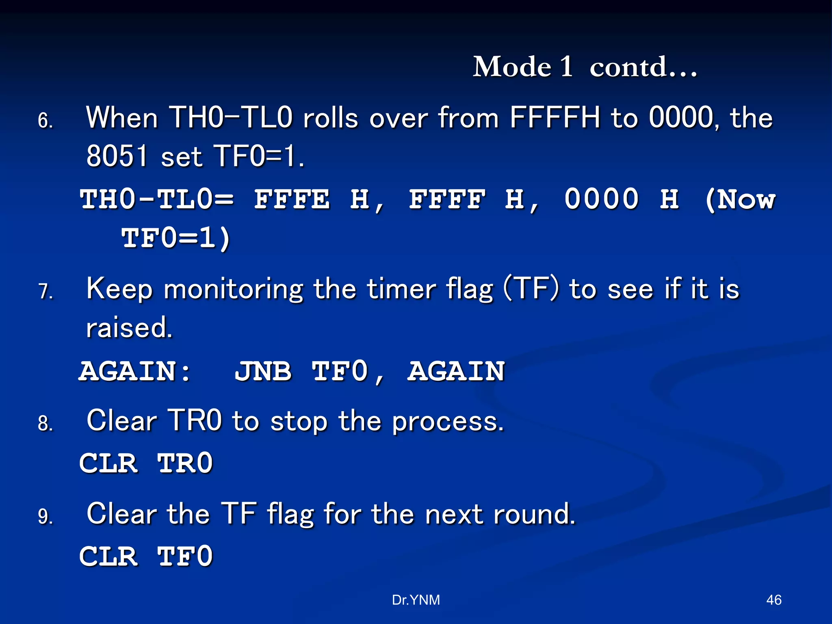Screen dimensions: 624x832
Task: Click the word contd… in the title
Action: point(643,67)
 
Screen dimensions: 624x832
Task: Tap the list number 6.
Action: point(45,121)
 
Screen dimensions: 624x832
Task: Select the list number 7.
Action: point(45,291)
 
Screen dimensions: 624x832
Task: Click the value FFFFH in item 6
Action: point(555,118)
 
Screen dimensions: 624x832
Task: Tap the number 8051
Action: point(117,156)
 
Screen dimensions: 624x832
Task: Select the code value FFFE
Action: point(292,199)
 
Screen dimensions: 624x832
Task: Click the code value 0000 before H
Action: point(601,199)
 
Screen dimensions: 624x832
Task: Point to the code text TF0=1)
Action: point(176,238)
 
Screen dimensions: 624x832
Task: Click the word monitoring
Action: point(233,290)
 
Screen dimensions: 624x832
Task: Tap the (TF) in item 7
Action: point(531,289)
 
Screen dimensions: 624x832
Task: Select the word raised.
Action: point(129,327)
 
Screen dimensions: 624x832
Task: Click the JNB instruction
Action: point(263,371)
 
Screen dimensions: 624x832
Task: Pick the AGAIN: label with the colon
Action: point(135,371)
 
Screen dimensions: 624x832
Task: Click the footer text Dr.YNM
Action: point(416,600)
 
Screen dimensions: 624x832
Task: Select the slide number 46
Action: point(773,600)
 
